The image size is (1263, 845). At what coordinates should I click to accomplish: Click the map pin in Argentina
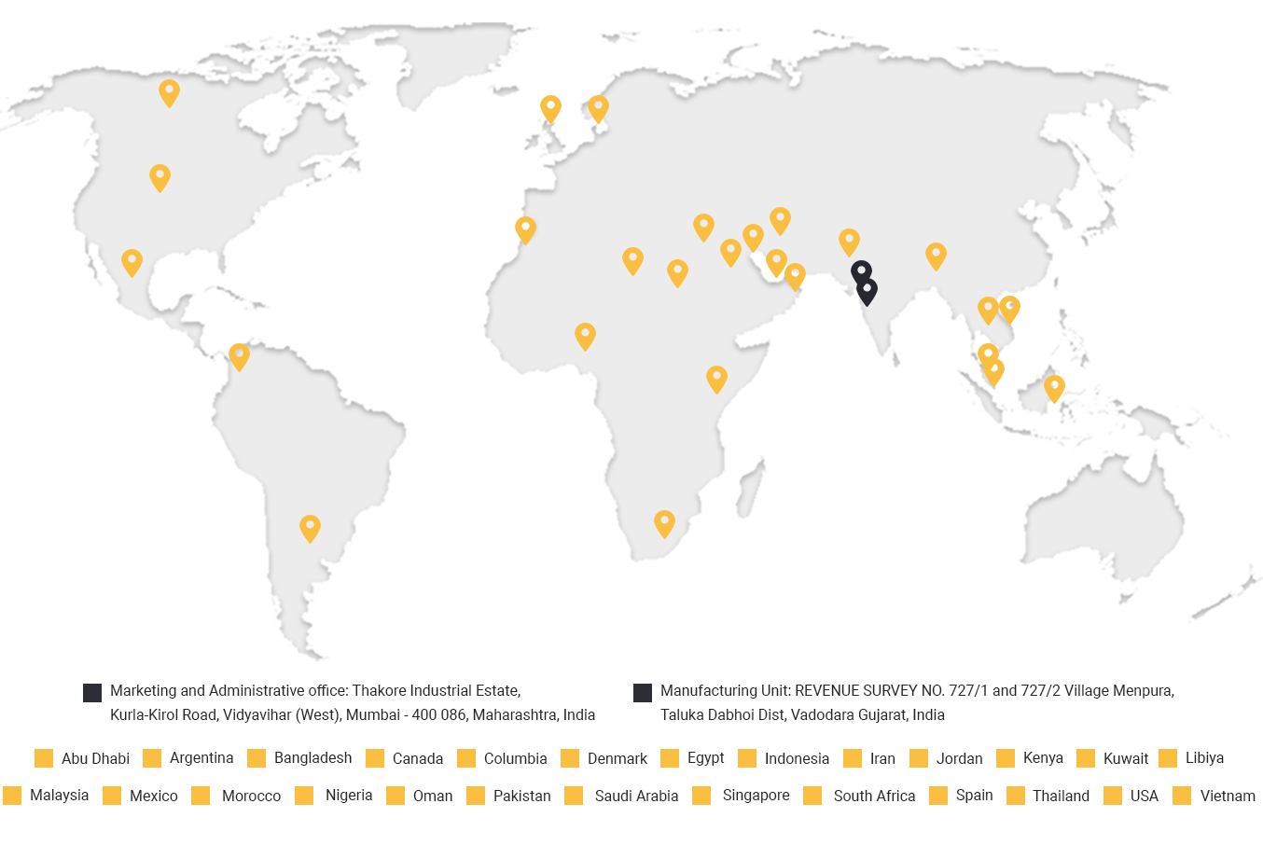tap(310, 528)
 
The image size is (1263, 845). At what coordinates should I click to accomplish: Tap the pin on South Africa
tap(664, 523)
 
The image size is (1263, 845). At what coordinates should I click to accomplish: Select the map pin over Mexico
tap(132, 262)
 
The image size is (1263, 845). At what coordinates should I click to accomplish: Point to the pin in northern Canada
tap(169, 92)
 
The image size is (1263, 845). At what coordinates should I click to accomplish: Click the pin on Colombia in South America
tap(239, 356)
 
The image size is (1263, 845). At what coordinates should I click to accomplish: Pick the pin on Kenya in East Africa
tap(716, 379)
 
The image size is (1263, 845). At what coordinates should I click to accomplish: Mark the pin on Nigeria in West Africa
tap(585, 336)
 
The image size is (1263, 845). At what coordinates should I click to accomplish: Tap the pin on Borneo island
tap(1054, 388)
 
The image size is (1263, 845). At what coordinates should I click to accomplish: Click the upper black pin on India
tap(861, 272)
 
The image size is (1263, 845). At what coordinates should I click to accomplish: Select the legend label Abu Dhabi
tap(95, 758)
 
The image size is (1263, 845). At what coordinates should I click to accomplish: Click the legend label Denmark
tap(617, 758)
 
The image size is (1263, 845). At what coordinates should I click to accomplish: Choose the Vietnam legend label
tap(1228, 796)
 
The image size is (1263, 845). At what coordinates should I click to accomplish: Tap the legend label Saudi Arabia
tap(636, 796)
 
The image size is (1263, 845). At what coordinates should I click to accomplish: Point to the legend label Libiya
tap(1204, 757)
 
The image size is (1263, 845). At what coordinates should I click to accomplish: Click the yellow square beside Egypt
tap(670, 758)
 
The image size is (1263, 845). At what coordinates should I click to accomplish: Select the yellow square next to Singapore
tap(702, 796)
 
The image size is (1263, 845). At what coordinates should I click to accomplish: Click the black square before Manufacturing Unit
tap(643, 692)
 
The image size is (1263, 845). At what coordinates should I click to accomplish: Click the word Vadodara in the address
tap(811, 714)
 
